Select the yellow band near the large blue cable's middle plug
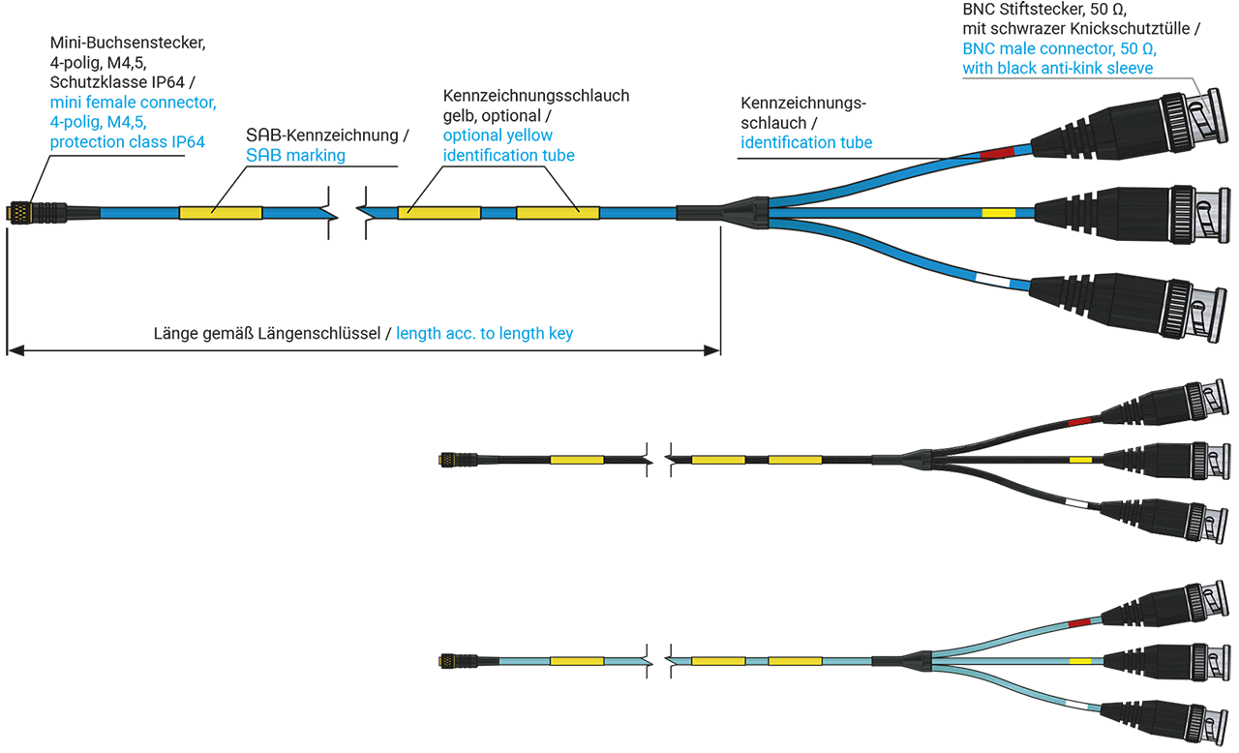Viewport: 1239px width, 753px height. point(998,213)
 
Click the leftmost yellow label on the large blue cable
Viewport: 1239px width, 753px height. point(220,212)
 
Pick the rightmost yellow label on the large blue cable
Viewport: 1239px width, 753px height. point(558,212)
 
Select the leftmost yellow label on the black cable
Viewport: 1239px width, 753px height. point(577,459)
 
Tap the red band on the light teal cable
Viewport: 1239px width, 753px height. point(1079,621)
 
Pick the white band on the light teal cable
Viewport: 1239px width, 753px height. point(1076,702)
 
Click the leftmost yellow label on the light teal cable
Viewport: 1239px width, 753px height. point(577,661)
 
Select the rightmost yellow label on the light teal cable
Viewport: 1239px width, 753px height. point(795,661)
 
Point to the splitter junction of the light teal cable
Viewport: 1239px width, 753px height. point(916,661)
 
